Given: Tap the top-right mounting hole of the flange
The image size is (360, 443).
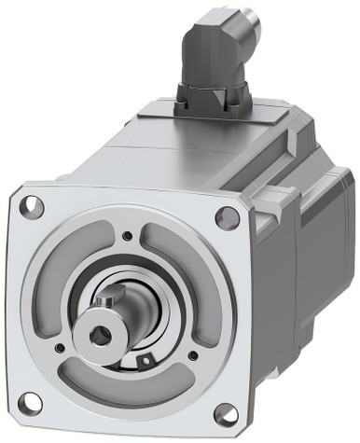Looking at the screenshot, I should [x=227, y=218].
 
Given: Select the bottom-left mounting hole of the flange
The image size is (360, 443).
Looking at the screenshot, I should [x=30, y=402].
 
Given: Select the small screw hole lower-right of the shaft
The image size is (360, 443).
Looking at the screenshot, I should [x=192, y=355].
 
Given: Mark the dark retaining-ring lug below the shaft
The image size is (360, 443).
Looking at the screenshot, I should [x=145, y=359].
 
